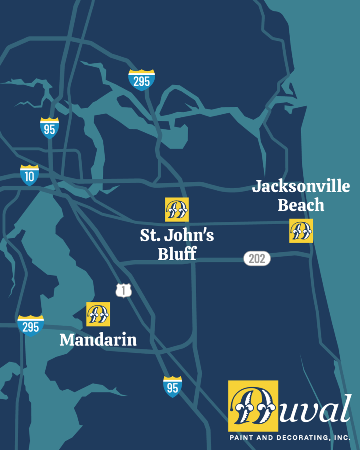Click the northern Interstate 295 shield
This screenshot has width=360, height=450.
coord(142,80)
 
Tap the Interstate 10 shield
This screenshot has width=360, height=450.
coord(29,175)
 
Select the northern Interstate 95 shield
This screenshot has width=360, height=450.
coord(49,128)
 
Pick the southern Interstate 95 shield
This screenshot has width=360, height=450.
coord(172,387)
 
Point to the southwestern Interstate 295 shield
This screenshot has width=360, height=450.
coord(30,326)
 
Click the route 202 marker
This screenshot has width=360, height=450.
coord(257,259)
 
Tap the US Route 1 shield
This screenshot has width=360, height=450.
coord(124,290)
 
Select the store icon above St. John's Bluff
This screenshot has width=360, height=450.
coord(177,209)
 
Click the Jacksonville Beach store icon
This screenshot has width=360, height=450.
coord(301,230)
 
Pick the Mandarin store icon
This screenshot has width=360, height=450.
coord(98,314)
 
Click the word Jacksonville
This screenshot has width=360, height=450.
coord(301,186)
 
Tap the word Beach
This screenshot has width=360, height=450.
coord(301,205)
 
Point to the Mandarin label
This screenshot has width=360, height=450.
coord(98,340)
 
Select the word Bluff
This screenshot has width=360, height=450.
coord(177,254)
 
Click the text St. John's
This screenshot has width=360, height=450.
coord(177,236)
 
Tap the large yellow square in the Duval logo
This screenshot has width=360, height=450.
coord(253,406)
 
